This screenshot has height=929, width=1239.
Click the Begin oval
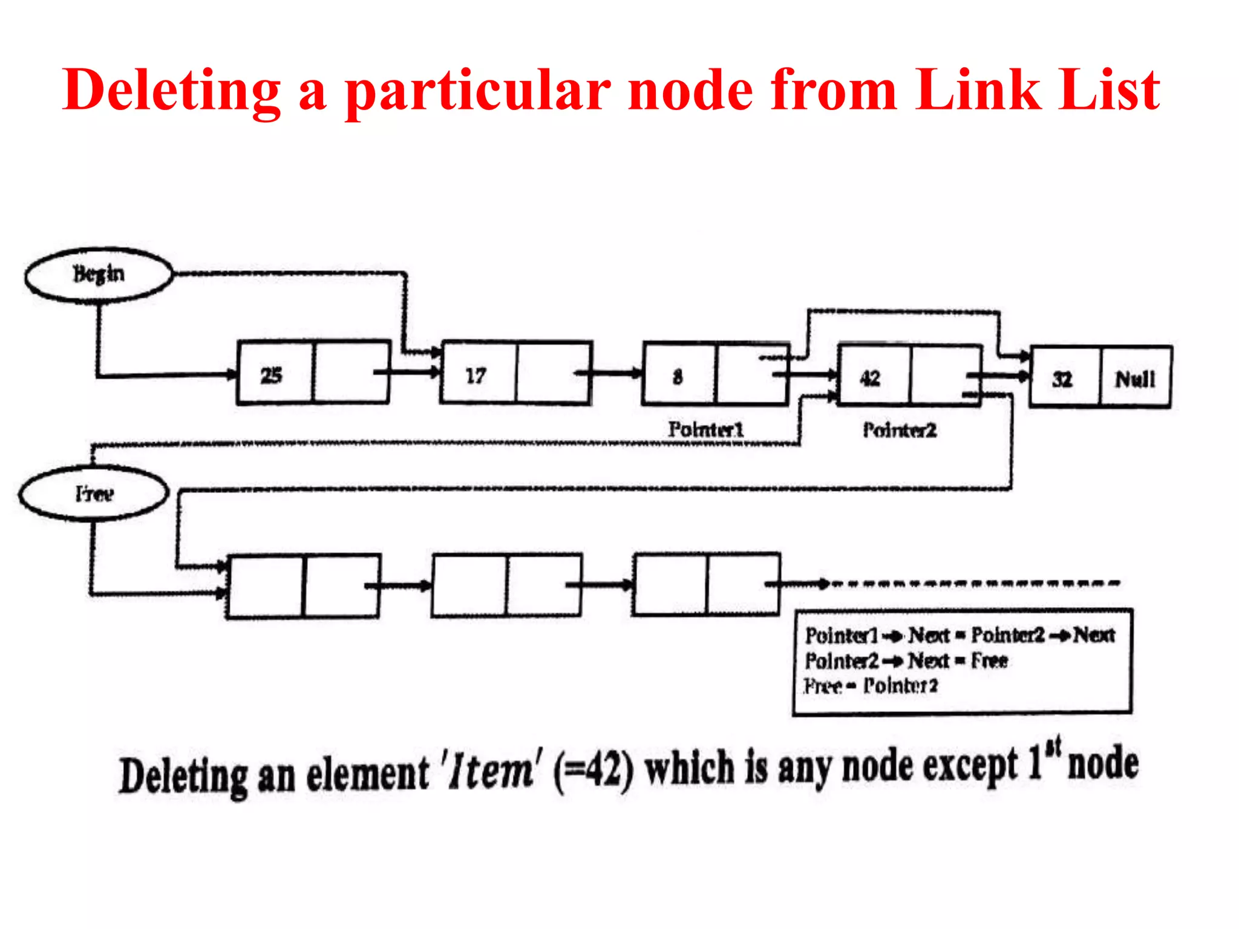click(99, 275)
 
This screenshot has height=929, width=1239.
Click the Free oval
click(94, 494)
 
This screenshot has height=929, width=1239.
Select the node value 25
click(272, 376)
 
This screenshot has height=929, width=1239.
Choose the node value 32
click(1062, 379)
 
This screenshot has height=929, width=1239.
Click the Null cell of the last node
click(1135, 379)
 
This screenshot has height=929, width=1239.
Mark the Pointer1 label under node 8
click(705, 429)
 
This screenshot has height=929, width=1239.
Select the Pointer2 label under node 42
click(900, 430)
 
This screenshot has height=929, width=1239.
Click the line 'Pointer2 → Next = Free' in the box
click(906, 660)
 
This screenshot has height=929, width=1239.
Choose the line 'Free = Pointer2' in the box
click(871, 686)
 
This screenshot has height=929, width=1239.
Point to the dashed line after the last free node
click(974, 584)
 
